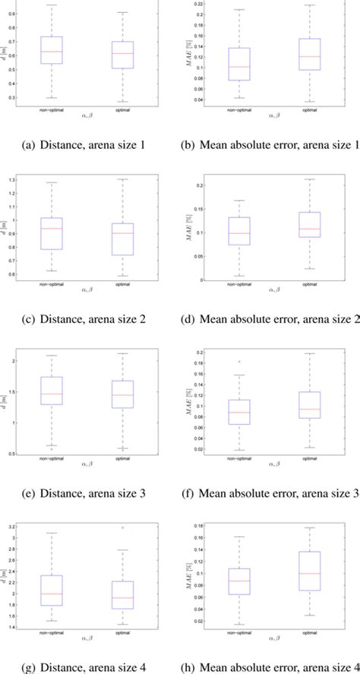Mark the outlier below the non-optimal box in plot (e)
52,449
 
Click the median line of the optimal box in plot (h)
310,574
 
